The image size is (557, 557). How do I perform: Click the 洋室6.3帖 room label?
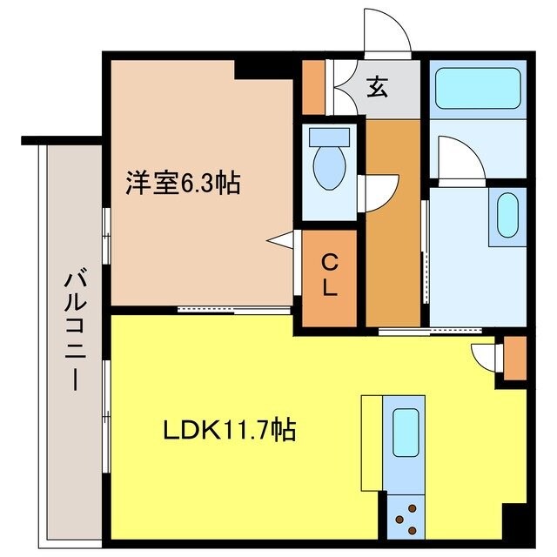click(x=183, y=184)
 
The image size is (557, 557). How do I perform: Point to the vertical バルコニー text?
click(x=72, y=332)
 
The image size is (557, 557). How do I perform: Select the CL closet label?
click(x=330, y=274)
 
